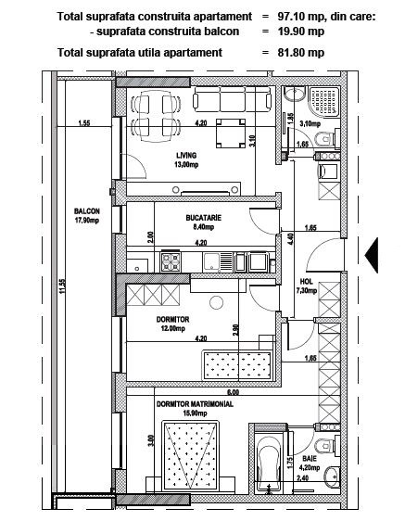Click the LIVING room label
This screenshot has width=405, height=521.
tap(186, 155)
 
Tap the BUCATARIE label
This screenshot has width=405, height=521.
tap(203, 218)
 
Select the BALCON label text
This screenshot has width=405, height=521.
tap(87, 211)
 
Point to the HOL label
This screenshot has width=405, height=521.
tap(307, 282)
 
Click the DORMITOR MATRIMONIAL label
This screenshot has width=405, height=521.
tap(195, 404)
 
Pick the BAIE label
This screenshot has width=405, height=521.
tap(310, 459)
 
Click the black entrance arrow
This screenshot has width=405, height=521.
tap(372, 255)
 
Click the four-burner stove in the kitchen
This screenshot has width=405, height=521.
tap(171, 261)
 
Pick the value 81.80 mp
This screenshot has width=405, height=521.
tap(301, 53)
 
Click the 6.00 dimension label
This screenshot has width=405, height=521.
tap(233, 392)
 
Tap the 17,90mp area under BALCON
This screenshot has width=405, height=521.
tap(87, 220)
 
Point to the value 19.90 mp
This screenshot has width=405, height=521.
tap(301, 32)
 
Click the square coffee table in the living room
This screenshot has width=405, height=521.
tap(231, 133)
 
